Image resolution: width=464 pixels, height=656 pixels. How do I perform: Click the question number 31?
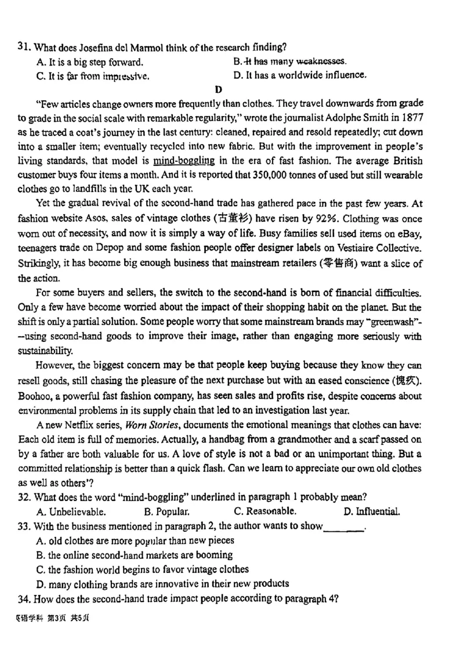coord(24,47)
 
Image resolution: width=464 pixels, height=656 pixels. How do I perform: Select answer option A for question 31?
coord(89,62)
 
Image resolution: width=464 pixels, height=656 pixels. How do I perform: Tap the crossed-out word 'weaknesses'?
coord(321,61)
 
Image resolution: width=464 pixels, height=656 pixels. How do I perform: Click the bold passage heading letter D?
coord(218,89)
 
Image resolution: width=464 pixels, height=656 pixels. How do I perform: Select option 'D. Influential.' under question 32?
coord(372,512)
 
